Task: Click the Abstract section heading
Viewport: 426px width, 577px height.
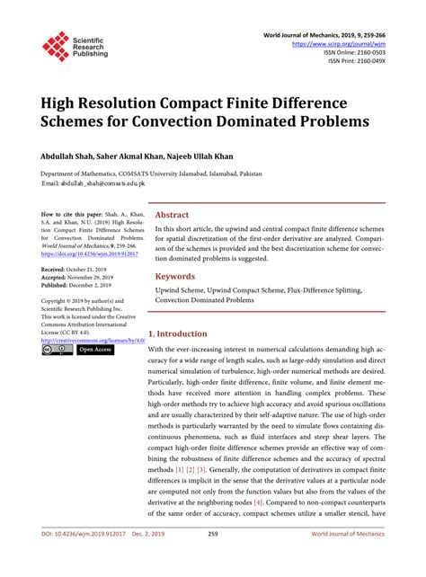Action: [x=173, y=216]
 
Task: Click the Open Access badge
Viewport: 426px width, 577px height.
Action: [x=94, y=350]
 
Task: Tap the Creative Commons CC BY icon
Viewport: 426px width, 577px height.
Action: [x=57, y=350]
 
